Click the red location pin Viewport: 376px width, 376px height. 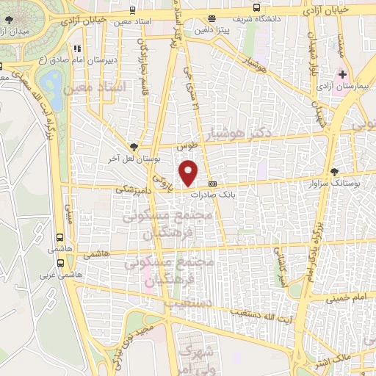click(x=189, y=173)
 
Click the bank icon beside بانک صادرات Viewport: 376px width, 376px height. click(x=214, y=184)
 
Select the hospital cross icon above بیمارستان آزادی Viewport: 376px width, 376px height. click(x=343, y=75)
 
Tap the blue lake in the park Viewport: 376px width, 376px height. click(x=50, y=83)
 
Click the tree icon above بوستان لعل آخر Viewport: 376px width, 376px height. click(x=133, y=146)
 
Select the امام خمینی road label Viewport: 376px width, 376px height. click(x=340, y=298)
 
